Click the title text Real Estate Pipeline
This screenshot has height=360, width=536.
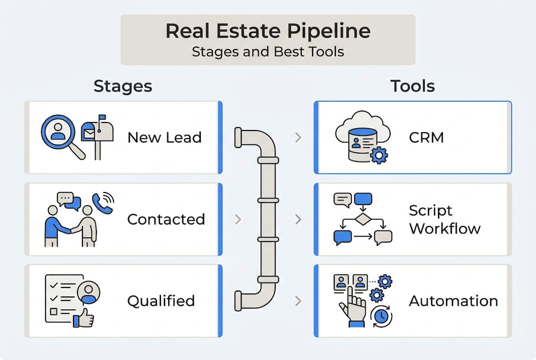pos(268,31)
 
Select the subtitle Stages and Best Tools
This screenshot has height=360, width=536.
pos(268,51)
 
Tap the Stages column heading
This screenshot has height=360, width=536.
pos(123,86)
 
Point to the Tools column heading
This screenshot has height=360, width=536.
pos(413,86)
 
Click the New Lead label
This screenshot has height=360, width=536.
pos(164,137)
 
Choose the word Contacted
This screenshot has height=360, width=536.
pos(166,219)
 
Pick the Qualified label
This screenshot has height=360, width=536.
pos(161,301)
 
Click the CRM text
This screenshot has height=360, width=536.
pos(426,137)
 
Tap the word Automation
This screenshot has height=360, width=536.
pos(453,301)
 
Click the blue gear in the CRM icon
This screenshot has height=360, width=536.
pos(379,155)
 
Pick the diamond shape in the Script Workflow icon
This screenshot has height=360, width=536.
pos(362,219)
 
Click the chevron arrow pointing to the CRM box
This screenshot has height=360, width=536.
pos(298,137)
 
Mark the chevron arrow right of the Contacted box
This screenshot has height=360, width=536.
pos(238,219)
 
